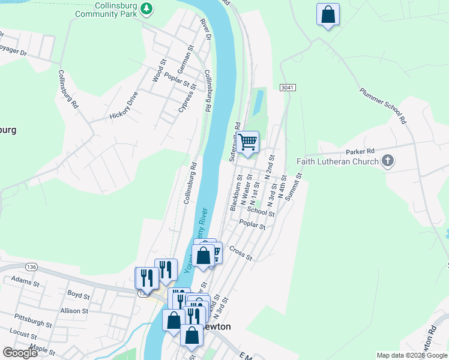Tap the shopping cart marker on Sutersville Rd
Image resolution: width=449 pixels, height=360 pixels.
(x=247, y=143)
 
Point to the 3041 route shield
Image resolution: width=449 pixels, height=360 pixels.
(x=288, y=88)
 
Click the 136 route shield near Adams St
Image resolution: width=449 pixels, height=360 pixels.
(x=32, y=266)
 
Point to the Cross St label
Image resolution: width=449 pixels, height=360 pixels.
(x=241, y=254)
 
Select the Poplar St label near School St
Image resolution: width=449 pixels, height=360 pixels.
(x=252, y=225)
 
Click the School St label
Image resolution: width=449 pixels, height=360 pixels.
(x=261, y=211)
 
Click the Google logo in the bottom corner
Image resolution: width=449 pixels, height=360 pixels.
(x=20, y=353)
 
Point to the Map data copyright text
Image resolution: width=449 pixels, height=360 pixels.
(x=411, y=355)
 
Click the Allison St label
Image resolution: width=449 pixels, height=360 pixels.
(x=74, y=311)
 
